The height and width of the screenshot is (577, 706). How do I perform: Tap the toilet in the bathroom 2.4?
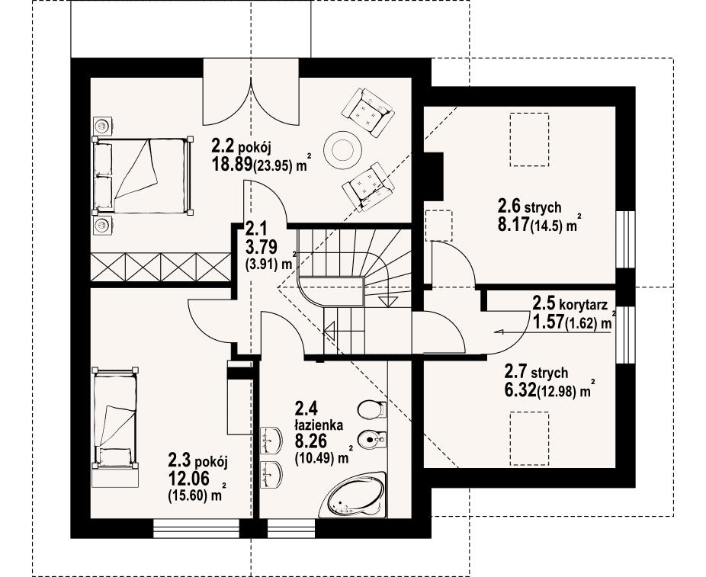[372, 409]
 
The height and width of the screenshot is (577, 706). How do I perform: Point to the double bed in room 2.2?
[142, 175]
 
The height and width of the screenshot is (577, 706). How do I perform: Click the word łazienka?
[319, 425]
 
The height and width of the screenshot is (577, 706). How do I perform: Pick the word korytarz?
[583, 305]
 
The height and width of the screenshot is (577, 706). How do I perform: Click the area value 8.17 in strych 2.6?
[513, 224]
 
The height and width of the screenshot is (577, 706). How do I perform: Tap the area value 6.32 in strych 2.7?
[520, 389]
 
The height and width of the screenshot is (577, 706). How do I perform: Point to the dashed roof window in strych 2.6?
[529, 139]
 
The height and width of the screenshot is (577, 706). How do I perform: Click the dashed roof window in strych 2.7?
[529, 439]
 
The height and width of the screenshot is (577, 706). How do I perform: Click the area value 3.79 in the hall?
[261, 247]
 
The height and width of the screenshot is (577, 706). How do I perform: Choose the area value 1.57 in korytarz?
[547, 322]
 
